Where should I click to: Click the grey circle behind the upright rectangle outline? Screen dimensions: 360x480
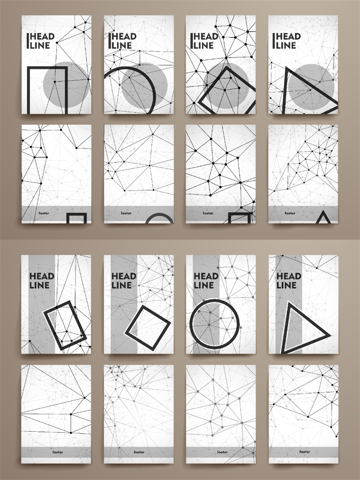(66, 85)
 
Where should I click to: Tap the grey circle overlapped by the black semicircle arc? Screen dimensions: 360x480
(144, 86)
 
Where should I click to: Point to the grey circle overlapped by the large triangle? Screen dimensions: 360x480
(311, 87)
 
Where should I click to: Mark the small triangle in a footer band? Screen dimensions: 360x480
(323, 217)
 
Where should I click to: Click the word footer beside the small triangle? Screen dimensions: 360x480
(290, 213)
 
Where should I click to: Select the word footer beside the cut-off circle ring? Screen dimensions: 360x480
(126, 213)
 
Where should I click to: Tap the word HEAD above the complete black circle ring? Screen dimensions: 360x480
(206, 276)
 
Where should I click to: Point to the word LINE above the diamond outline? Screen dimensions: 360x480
(204, 45)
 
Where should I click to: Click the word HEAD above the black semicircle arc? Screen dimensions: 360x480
(124, 37)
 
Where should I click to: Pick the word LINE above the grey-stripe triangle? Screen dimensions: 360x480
(286, 285)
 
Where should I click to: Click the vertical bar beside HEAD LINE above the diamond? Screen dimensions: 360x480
(191, 41)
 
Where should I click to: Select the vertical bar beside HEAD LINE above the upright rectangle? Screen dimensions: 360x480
(28, 41)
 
